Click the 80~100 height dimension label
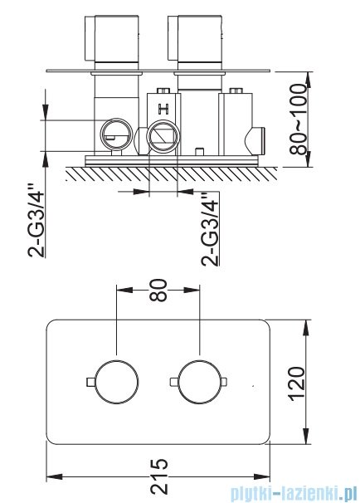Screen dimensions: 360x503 298,120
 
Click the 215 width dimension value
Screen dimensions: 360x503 159,476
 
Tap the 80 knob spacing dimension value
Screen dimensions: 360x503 158,290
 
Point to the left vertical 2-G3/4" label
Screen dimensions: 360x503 36,220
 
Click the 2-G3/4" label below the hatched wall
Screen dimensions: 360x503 211,228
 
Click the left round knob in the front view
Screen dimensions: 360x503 117,382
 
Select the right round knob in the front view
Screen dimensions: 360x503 200,382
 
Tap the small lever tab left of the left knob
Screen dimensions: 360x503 91,382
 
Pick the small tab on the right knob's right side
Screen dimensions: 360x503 224,382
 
